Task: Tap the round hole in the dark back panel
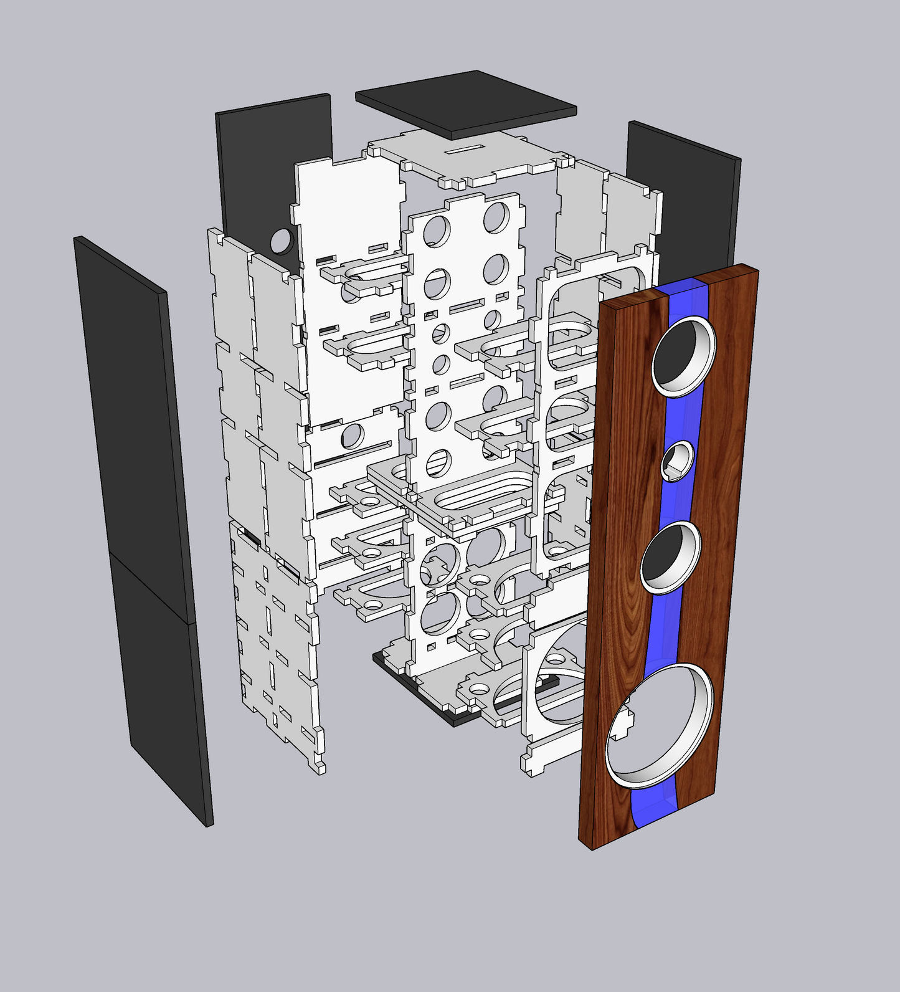pyautogui.click(x=282, y=240)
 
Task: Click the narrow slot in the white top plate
pyautogui.click(x=467, y=150)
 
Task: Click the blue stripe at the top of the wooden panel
pyautogui.click(x=685, y=293)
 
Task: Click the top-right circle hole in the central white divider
pyautogui.click(x=496, y=216)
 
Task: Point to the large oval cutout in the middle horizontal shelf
pyautogui.click(x=476, y=495)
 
